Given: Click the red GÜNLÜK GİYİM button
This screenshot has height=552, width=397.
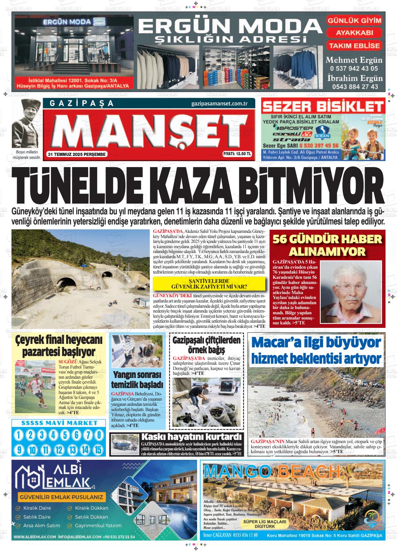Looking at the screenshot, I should pyautogui.click(x=354, y=20).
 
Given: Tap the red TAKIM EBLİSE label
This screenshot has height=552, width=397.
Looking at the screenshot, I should pyautogui.click(x=354, y=46).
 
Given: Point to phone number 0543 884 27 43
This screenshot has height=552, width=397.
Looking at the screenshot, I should pyautogui.click(x=354, y=87).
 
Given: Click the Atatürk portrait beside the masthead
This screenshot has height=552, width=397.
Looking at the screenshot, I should pyautogui.click(x=26, y=124).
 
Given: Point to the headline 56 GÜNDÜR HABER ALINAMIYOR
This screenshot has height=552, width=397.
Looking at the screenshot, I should pyautogui.click(x=327, y=245).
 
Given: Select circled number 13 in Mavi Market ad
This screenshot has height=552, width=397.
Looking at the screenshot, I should pyautogui.click(x=72, y=450).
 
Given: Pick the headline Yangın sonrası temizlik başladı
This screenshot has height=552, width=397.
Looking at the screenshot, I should pyautogui.click(x=137, y=380).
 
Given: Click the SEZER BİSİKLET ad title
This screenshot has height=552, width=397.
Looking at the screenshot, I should pyautogui.click(x=323, y=107).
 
